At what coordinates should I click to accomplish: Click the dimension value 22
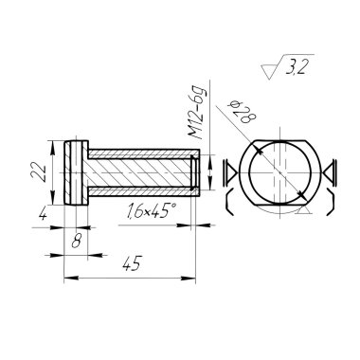click(38, 172)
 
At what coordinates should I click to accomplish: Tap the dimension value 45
click(132, 263)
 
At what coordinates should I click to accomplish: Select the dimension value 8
click(76, 242)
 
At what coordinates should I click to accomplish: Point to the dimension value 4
click(43, 215)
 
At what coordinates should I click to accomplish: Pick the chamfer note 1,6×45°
click(151, 211)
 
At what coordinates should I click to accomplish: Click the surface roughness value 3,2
click(296, 68)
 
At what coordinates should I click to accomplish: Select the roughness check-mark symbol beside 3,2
click(272, 68)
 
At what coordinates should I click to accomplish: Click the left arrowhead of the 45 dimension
click(71, 279)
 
